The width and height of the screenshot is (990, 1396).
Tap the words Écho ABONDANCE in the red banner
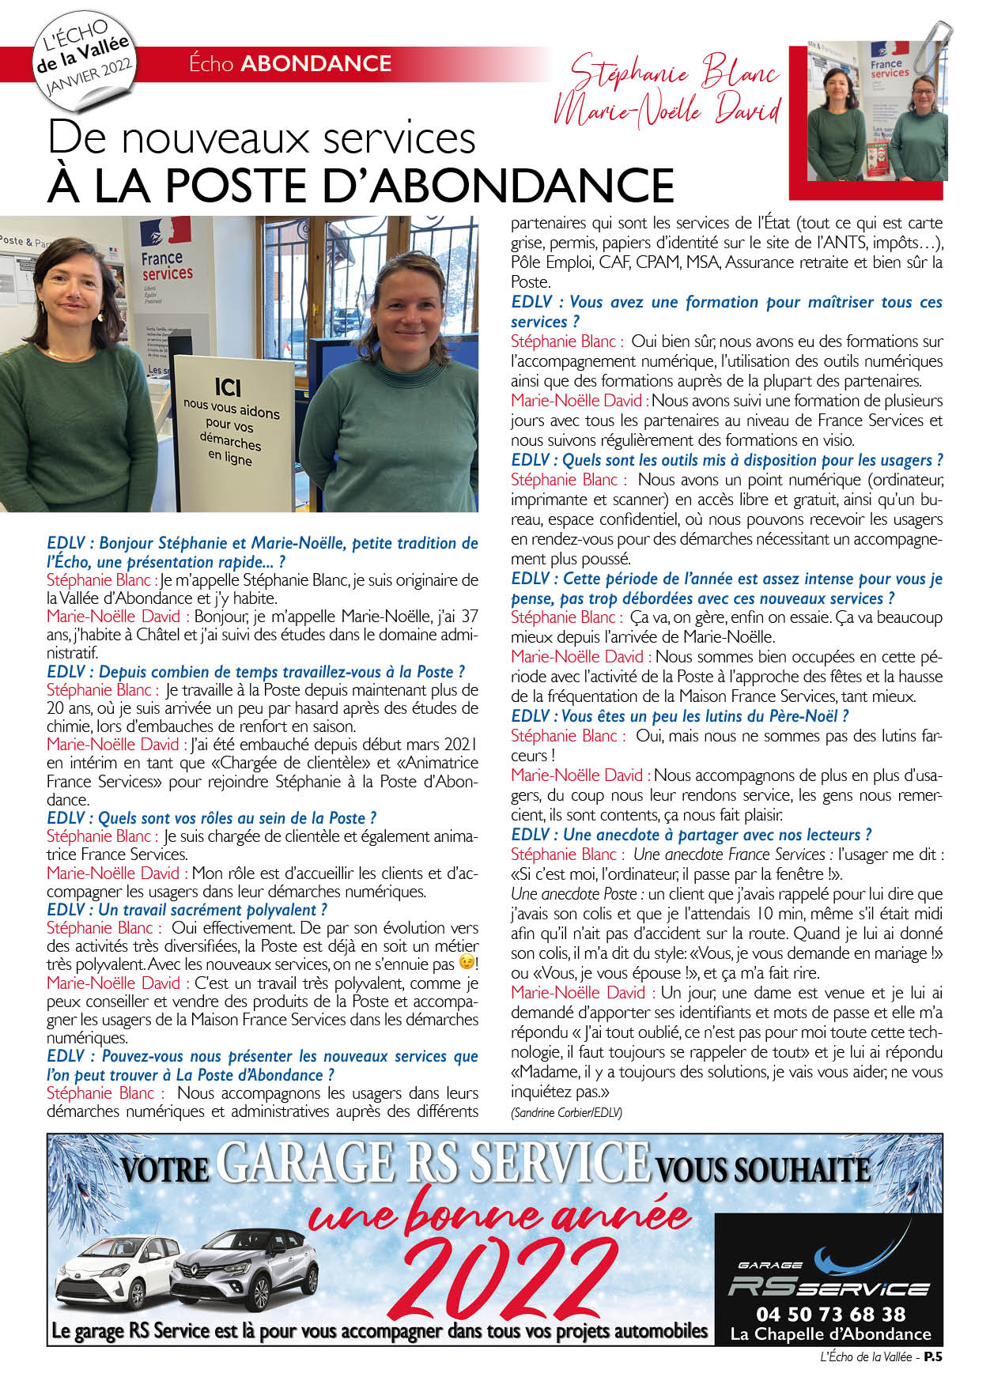290,63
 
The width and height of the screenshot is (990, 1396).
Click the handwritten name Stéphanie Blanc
674,74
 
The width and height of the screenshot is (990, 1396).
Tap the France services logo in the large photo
166,253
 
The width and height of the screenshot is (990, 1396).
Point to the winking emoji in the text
467,964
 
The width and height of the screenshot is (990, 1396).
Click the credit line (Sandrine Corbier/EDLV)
566,1112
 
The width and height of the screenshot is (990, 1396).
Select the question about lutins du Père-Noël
680,716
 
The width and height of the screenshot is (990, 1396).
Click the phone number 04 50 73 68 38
830,1314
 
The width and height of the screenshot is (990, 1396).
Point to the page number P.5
933,1356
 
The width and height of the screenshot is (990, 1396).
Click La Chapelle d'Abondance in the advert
830,1334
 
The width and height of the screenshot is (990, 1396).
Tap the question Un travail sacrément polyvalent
187,910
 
